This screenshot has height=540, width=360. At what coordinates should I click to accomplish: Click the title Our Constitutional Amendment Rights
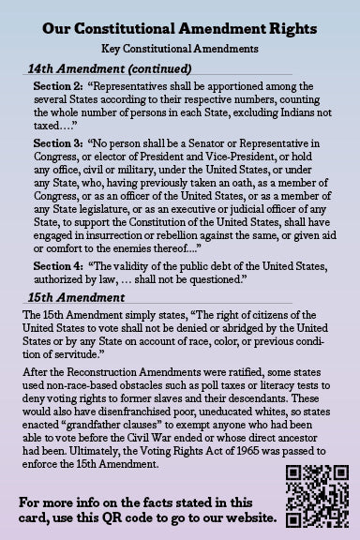tap(179, 29)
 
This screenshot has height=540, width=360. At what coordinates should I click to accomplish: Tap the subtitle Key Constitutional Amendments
tap(179, 48)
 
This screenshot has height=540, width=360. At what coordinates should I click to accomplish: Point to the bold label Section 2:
tap(57, 87)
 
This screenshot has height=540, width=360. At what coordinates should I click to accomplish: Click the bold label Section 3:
tap(57, 142)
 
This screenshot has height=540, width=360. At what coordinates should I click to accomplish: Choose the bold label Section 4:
tap(57, 266)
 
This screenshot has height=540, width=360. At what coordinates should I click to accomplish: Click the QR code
tap(309, 496)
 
